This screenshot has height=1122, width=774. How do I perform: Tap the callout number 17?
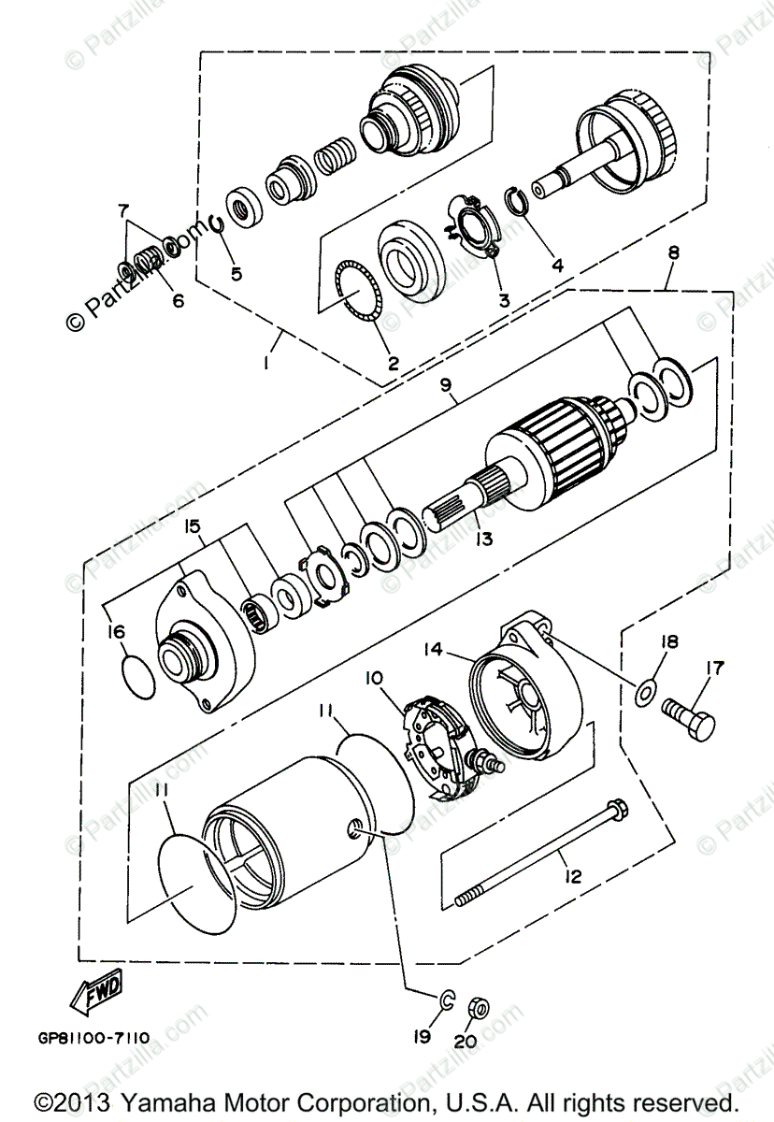click(714, 669)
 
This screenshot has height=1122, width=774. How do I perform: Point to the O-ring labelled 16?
click(137, 674)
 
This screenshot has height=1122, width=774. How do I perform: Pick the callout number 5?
click(236, 274)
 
